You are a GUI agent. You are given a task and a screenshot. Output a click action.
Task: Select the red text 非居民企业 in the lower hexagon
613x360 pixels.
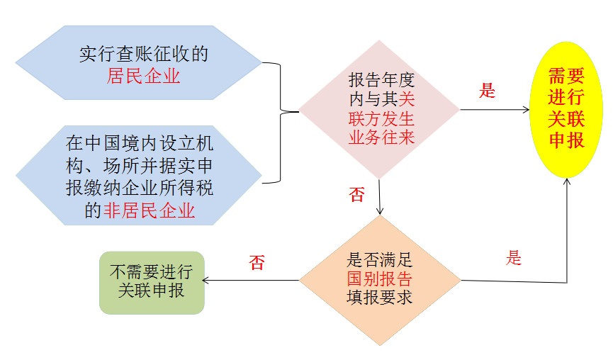pos(150,210)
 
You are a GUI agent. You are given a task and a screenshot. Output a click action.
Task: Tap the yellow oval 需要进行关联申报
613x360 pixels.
pos(566,109)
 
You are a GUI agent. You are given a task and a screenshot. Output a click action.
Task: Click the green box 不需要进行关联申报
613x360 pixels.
pos(152,282)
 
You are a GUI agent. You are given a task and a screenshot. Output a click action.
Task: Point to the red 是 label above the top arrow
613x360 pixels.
pos(487,91)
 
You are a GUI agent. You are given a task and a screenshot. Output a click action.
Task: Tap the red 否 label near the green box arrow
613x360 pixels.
pos(257,263)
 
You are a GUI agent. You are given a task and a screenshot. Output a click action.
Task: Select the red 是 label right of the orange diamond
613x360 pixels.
pos(514,258)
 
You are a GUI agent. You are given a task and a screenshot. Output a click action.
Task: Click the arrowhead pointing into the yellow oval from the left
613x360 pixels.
pos(525,109)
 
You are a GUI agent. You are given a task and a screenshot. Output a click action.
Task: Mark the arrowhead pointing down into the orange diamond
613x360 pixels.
pos(381,210)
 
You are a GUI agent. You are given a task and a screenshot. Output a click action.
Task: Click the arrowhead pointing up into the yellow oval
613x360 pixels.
pos(567,182)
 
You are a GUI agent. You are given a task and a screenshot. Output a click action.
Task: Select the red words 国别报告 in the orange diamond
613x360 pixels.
pos(379,279)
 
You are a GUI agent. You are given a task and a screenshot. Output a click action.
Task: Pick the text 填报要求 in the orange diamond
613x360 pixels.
pos(379,297)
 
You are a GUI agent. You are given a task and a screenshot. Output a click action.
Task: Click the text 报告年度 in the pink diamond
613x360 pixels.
pos(381,80)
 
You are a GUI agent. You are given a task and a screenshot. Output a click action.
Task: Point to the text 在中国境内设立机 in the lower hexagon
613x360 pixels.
pos(140,142)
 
